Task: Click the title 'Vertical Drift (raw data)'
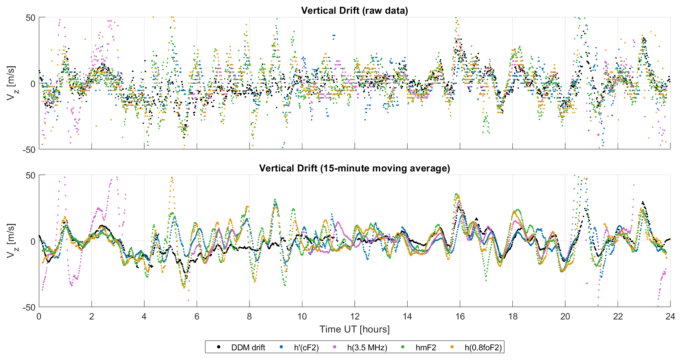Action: pyautogui.click(x=354, y=10)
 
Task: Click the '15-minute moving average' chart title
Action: pyautogui.click(x=354, y=168)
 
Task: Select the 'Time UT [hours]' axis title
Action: pyautogui.click(x=354, y=329)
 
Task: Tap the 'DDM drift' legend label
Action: pyautogui.click(x=248, y=348)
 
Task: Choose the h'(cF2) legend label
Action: pyautogui.click(x=306, y=348)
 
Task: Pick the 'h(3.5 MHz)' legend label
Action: pyautogui.click(x=367, y=348)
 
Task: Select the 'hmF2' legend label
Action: pyautogui.click(x=426, y=348)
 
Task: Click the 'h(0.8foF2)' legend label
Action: pyautogui.click(x=483, y=348)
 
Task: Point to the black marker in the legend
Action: pyautogui.click(x=219, y=347)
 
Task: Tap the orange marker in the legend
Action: pyautogui.click(x=452, y=347)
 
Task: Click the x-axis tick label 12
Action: pyautogui.click(x=355, y=316)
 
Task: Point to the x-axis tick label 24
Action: pyautogui.click(x=670, y=316)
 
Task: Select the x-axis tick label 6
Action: pyautogui.click(x=197, y=316)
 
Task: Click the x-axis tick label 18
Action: pyautogui.click(x=512, y=316)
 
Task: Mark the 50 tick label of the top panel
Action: pyautogui.click(x=30, y=18)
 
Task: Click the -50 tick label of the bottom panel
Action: pyautogui.click(x=29, y=307)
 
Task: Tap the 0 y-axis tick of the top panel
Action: pyautogui.click(x=33, y=84)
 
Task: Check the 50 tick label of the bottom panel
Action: pyautogui.click(x=30, y=176)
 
